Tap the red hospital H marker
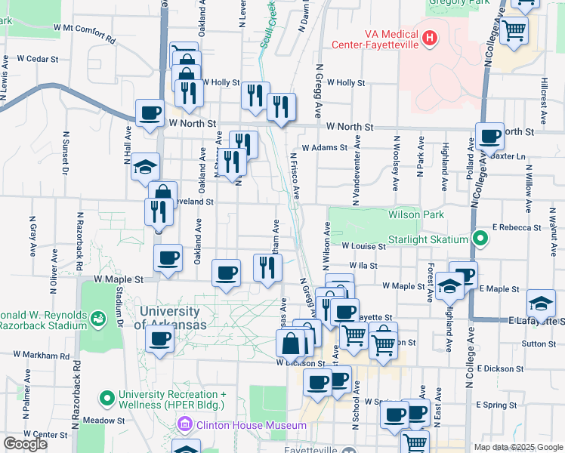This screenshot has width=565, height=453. pos(430,37)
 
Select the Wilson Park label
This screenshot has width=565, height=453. pos(415,214)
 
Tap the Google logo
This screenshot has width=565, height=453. pos(25,444)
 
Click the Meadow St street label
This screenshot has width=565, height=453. pos(103,420)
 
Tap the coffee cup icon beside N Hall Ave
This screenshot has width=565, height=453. pos(150,113)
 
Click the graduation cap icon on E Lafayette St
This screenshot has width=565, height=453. pos(541,304)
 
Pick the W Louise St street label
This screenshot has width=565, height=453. pos(363,245)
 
